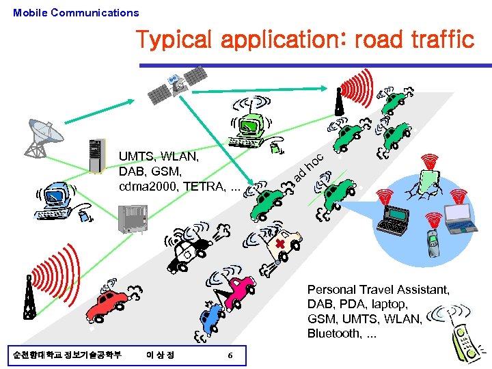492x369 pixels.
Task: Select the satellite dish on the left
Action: click(x=42, y=135)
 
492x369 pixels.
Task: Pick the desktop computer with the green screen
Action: click(x=250, y=130)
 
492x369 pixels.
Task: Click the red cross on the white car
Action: click(x=280, y=245)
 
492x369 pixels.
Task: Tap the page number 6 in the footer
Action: click(x=230, y=355)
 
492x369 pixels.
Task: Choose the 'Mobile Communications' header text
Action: click(x=76, y=12)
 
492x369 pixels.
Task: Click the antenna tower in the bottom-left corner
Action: click(x=29, y=297)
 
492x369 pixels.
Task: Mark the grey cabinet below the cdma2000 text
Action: click(x=133, y=219)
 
